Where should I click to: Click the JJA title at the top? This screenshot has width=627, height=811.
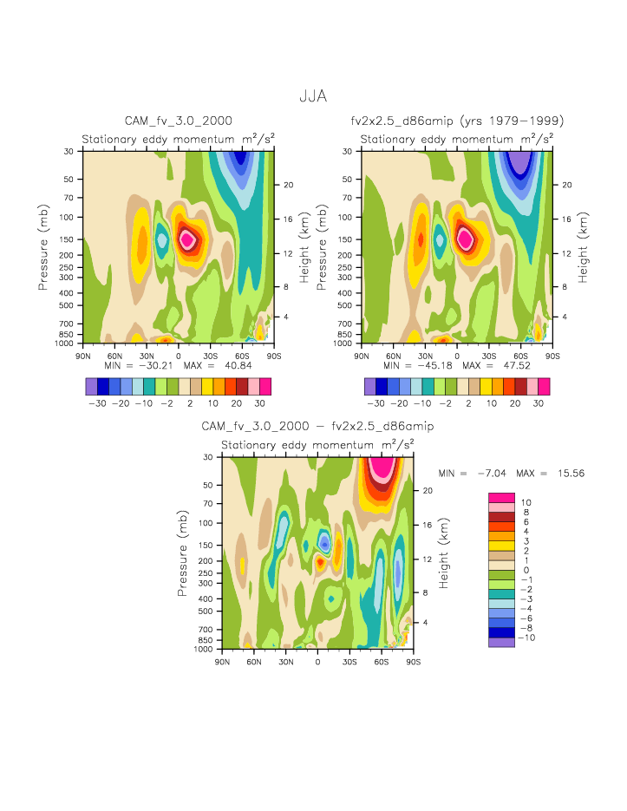click(313, 97)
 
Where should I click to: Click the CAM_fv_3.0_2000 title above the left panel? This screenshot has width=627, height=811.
click(179, 121)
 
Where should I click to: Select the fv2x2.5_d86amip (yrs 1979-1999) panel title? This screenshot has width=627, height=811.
click(457, 121)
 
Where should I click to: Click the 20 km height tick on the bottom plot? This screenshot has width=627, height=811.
click(427, 490)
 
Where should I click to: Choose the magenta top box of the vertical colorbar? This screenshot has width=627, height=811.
click(501, 497)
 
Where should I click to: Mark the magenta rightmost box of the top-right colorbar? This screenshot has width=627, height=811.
click(544, 386)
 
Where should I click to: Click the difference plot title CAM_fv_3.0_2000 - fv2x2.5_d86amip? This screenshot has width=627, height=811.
click(317, 427)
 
